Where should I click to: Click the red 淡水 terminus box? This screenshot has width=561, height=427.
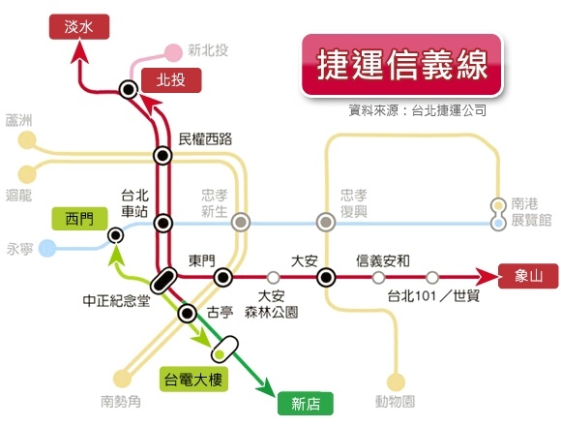(x=79, y=27)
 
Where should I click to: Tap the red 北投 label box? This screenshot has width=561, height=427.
(x=171, y=80)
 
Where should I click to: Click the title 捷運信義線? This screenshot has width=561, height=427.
(x=402, y=65)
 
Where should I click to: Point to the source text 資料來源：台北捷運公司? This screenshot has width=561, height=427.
(x=418, y=110)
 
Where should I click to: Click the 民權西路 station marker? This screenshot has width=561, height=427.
(x=162, y=156)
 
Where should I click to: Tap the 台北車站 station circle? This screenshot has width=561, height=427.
(x=163, y=223)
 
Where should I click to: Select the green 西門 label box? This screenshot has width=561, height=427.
(x=79, y=219)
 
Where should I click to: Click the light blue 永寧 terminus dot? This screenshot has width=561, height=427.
(x=47, y=248)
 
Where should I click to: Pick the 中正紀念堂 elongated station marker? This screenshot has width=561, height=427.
(x=163, y=281)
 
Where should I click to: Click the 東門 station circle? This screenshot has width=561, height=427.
(x=222, y=277)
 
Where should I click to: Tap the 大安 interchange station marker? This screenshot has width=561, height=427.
(x=326, y=277)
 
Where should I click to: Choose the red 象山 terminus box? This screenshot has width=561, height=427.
(x=528, y=276)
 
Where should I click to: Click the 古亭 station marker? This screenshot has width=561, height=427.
(x=187, y=314)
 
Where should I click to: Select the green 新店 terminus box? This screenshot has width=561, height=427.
(x=306, y=404)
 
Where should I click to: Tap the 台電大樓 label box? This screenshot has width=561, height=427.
(x=193, y=380)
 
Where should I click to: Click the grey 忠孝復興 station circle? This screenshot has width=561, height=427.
(x=326, y=222)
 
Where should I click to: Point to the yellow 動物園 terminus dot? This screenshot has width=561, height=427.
(x=396, y=381)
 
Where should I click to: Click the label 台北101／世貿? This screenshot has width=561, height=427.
(x=433, y=296)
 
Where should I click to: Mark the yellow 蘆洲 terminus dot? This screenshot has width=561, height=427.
(x=27, y=140)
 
